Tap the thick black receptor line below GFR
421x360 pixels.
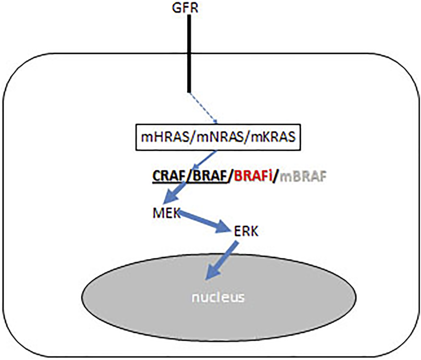(189, 54)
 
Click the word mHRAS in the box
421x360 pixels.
(164, 137)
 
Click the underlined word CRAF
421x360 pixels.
(169, 177)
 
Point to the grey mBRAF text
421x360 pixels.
(303, 177)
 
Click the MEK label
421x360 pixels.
(166, 213)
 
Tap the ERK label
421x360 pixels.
(246, 231)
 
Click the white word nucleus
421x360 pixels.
(218, 297)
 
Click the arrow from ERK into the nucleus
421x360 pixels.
(222, 260)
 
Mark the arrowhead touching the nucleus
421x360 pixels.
(213, 272)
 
